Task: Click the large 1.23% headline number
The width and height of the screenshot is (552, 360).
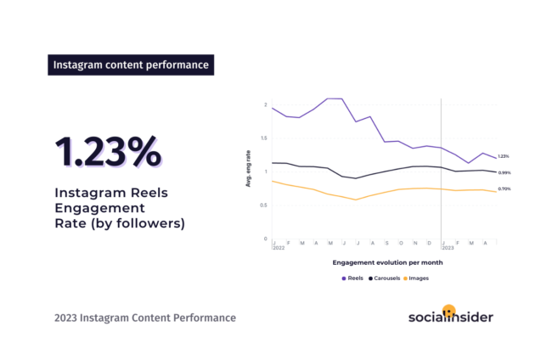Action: pyautogui.click(x=107, y=150)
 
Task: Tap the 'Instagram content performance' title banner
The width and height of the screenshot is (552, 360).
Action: pyautogui.click(x=130, y=65)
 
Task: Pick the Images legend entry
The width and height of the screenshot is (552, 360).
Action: pyautogui.click(x=418, y=278)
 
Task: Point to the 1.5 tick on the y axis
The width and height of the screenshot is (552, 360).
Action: pyautogui.click(x=264, y=138)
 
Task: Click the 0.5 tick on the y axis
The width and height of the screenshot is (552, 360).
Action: pyautogui.click(x=264, y=205)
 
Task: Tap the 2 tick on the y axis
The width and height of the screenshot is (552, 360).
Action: pyautogui.click(x=266, y=105)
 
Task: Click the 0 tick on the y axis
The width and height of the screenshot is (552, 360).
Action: pyautogui.click(x=266, y=239)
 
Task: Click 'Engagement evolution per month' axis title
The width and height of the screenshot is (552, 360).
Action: pyautogui.click(x=387, y=263)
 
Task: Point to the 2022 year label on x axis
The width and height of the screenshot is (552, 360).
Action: pyautogui.click(x=279, y=248)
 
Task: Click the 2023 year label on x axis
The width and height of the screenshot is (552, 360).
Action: pyautogui.click(x=448, y=248)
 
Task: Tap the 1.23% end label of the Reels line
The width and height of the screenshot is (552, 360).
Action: pyautogui.click(x=504, y=156)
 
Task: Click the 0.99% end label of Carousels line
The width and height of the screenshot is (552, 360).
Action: pyautogui.click(x=504, y=172)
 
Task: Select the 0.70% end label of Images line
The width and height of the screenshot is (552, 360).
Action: pyautogui.click(x=504, y=188)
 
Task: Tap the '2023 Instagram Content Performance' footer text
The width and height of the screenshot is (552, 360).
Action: pyautogui.click(x=145, y=318)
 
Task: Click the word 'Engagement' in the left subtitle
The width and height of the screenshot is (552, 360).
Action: pyautogui.click(x=91, y=208)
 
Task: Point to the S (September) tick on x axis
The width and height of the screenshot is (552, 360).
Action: pyautogui.click(x=386, y=243)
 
